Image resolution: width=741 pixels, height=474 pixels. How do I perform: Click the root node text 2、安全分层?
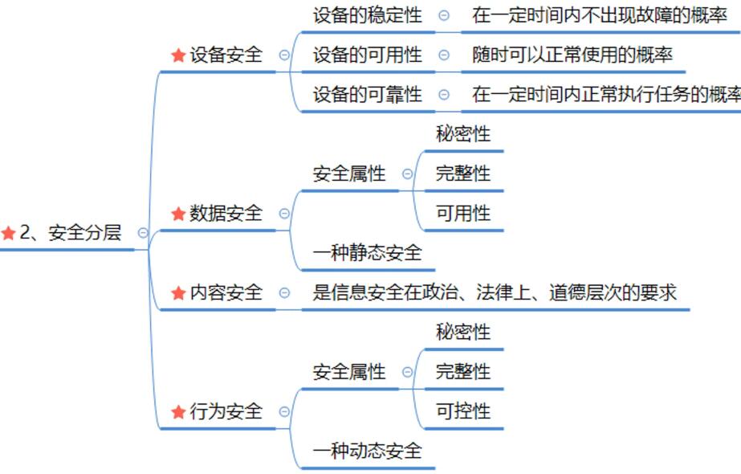click(70, 233)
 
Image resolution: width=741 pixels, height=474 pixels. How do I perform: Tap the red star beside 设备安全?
click(178, 55)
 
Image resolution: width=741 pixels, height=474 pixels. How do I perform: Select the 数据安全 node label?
click(226, 214)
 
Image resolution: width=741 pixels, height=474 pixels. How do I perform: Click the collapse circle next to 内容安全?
click(284, 293)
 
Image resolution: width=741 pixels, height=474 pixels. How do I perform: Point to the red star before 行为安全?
click(178, 412)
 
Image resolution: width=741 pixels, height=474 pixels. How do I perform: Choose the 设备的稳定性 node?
click(367, 14)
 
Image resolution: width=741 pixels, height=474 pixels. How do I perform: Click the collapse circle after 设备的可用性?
click(444, 55)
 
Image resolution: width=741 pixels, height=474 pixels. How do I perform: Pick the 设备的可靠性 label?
click(367, 95)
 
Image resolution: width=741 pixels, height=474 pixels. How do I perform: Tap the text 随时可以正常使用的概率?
click(572, 55)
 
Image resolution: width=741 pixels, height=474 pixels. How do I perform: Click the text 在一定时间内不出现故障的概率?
click(599, 14)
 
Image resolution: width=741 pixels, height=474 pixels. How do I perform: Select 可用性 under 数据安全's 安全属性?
click(462, 214)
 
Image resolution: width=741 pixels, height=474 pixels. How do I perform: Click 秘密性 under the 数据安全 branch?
click(462, 133)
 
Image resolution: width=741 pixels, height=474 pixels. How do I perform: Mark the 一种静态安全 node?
click(367, 253)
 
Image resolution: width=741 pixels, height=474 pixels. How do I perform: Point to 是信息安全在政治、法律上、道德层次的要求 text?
click(494, 293)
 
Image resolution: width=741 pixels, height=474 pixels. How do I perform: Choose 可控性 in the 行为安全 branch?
click(462, 412)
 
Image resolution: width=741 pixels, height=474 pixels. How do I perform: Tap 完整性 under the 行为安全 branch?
click(462, 372)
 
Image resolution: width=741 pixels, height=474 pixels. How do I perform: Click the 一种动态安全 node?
click(367, 452)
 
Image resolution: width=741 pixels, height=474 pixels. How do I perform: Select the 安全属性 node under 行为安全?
click(349, 372)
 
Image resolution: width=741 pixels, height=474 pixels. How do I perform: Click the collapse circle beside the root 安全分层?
click(143, 233)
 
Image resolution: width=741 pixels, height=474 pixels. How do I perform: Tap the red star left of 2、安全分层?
click(9, 233)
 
